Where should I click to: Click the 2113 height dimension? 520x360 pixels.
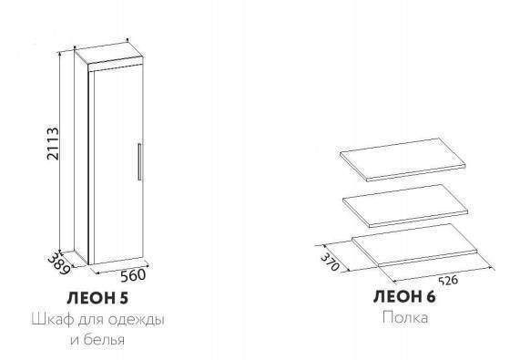pos(53,143)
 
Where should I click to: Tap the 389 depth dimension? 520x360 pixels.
pos(60,263)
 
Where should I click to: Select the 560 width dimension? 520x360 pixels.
pos(133,275)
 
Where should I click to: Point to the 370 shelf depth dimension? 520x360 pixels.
pos(330,262)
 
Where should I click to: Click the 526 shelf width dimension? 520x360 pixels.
pos(448,281)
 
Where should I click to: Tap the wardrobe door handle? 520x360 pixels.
pos(139,162)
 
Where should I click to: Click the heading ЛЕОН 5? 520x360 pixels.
pos(97,298)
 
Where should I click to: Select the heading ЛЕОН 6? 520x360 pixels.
pos(404,296)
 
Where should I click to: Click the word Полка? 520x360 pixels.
pos(405,317)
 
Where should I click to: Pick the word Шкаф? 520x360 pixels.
pos(53,321)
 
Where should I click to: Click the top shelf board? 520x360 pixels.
pos(403,159)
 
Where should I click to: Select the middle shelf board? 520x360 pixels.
pos(405,206)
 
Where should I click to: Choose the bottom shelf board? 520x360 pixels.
pos(414,244)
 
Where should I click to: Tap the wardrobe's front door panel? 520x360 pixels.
pos(118,165)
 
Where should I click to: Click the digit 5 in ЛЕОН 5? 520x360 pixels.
pos(123,298)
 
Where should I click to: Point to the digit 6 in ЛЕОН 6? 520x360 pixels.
pos(430,296)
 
